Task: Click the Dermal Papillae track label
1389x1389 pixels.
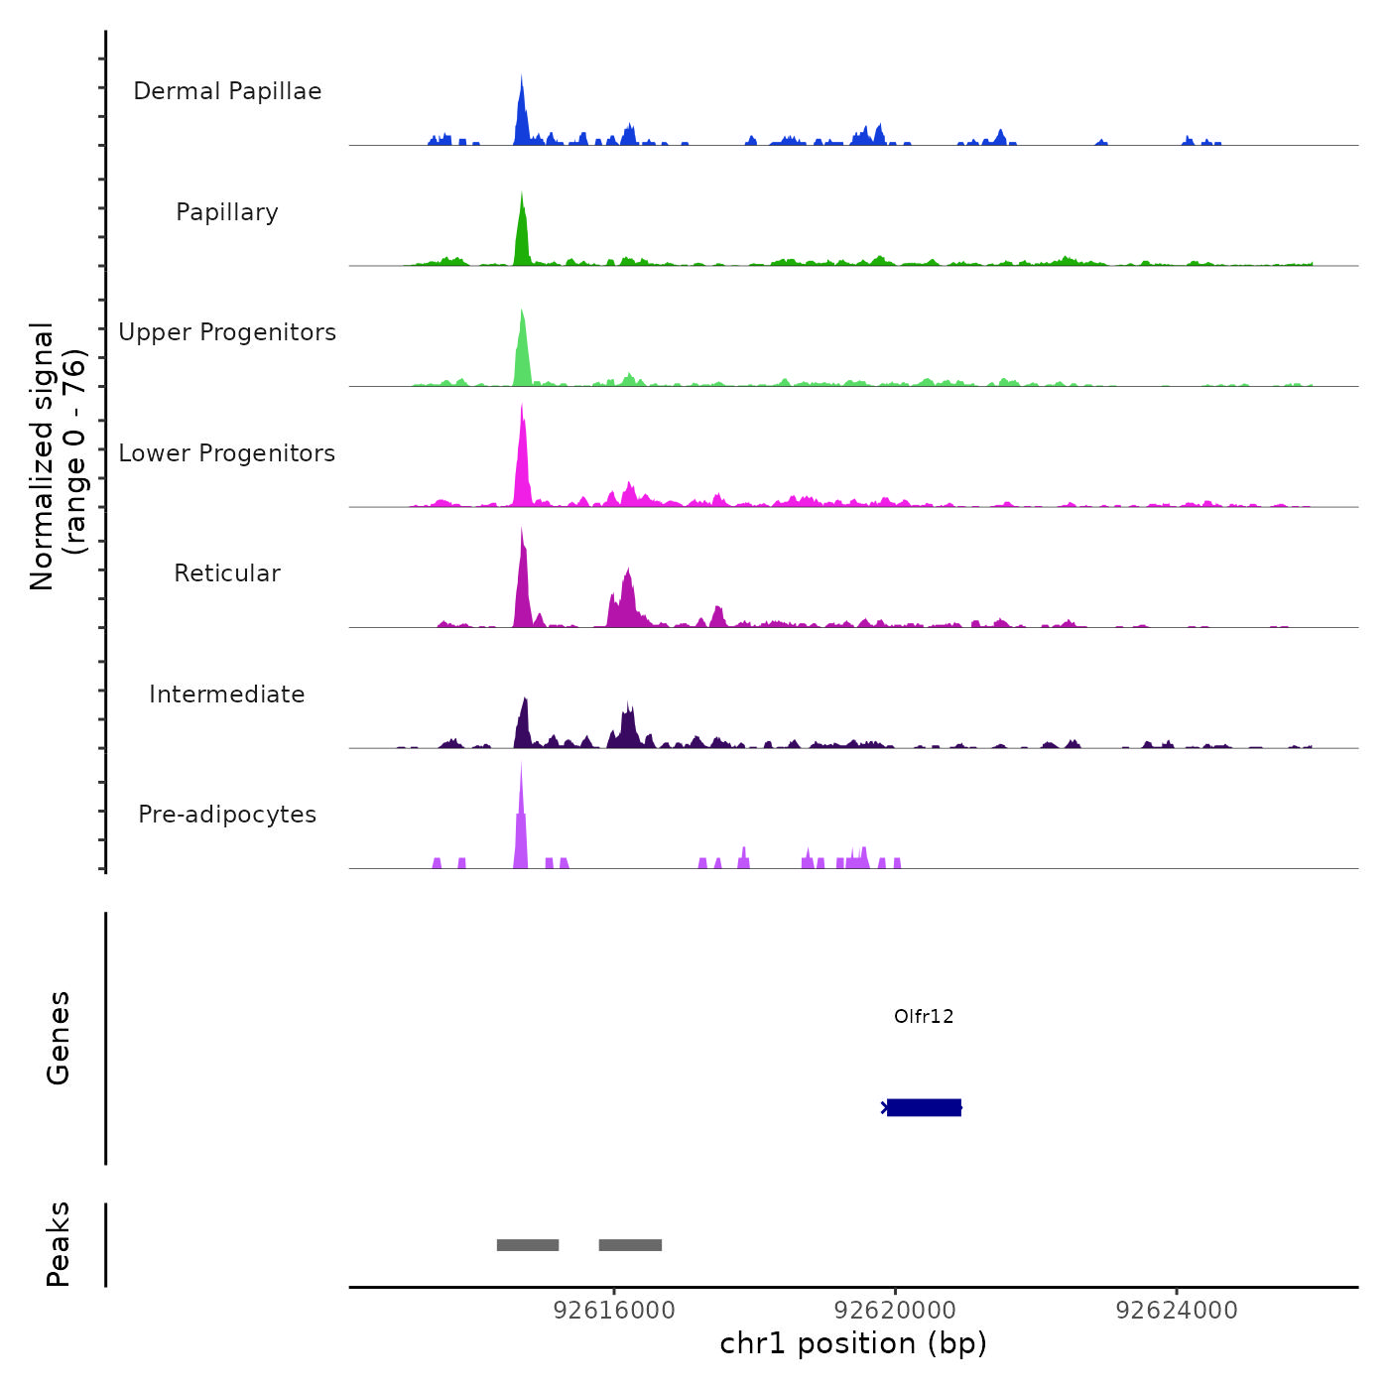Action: (x=227, y=91)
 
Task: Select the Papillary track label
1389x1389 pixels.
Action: (x=227, y=212)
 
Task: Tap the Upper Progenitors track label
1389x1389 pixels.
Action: (x=227, y=332)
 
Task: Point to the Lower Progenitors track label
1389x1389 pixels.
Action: (x=227, y=453)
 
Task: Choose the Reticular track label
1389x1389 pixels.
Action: (x=227, y=573)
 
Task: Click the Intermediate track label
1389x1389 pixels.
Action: (x=227, y=694)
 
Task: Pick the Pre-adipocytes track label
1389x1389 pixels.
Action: (x=227, y=815)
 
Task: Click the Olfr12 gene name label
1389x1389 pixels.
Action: (x=924, y=1016)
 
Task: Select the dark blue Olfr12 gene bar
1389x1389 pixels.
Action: (x=924, y=1107)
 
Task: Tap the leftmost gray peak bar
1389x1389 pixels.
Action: (x=528, y=1245)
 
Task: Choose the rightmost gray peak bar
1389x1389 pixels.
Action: (x=630, y=1245)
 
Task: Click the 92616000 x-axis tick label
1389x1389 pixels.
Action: (x=614, y=1311)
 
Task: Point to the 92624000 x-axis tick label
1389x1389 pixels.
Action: (x=1177, y=1311)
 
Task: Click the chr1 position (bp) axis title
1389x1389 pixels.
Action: (x=853, y=1343)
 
